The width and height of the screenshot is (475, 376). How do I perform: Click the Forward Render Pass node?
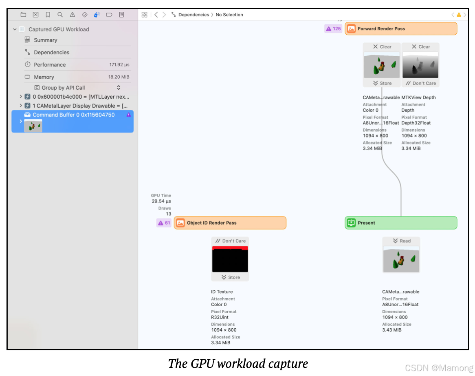[x=401, y=29]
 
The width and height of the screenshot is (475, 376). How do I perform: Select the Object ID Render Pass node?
[x=230, y=223]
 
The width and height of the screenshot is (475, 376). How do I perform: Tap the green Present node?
[x=401, y=223]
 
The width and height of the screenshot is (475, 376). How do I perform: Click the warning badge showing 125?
[x=333, y=29]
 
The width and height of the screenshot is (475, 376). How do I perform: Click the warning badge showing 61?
[x=164, y=223]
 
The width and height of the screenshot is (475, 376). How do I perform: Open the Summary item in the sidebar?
[x=45, y=40]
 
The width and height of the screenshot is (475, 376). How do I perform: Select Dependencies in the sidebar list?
[x=51, y=52]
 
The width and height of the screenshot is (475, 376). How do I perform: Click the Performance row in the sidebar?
[x=50, y=64]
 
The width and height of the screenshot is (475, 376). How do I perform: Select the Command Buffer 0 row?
[x=73, y=115]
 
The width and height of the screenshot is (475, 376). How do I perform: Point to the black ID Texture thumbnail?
[x=230, y=259]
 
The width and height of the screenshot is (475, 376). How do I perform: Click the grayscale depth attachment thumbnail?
[x=420, y=65]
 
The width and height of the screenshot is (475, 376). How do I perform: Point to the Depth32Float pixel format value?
[x=416, y=123]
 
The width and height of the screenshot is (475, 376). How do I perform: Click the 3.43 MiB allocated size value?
[x=391, y=330]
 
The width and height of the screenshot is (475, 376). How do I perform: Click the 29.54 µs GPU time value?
[x=161, y=201]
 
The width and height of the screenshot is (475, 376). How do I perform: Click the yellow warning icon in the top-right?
[x=459, y=15]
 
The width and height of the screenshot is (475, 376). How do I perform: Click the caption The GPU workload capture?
[x=238, y=363]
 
